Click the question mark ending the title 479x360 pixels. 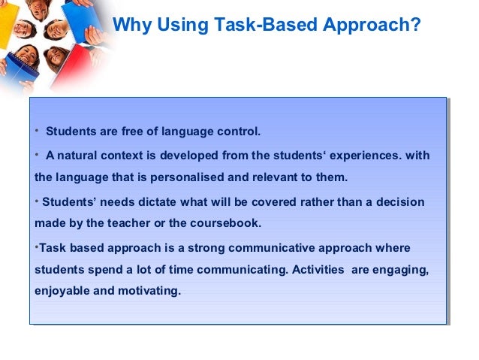(x=415, y=25)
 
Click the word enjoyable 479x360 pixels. (x=62, y=292)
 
